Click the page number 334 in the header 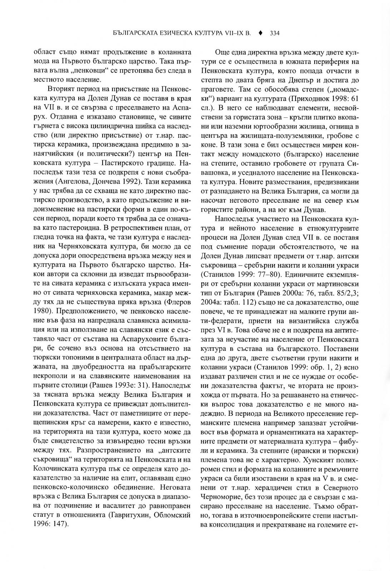click(x=274, y=34)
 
